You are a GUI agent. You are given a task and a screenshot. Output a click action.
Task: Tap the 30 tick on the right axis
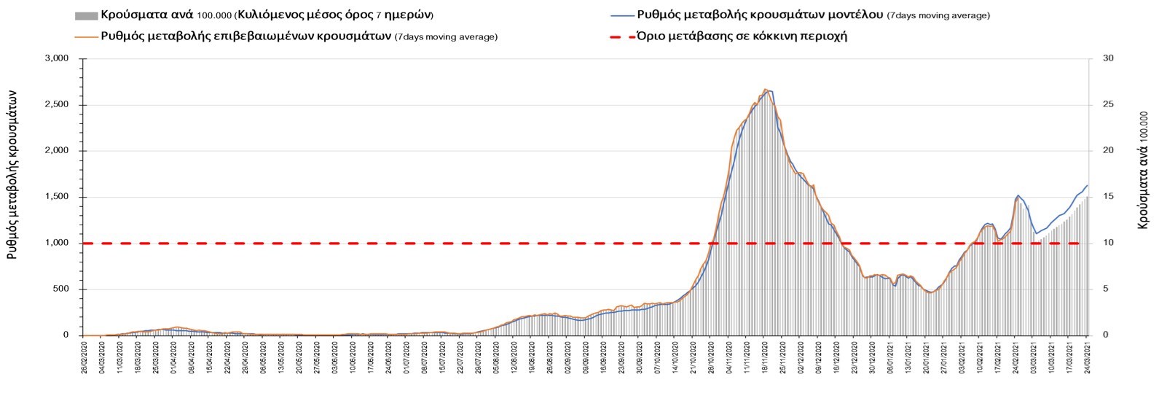(x=1108, y=58)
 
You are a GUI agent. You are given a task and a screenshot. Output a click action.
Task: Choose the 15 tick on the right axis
(x=1108, y=197)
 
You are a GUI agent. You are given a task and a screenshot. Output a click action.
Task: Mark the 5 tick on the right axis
(x=1106, y=289)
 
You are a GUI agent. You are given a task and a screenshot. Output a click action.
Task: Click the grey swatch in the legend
(x=86, y=16)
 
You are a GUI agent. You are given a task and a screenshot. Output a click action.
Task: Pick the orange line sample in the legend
(x=86, y=36)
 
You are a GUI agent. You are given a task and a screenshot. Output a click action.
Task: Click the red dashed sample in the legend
(x=621, y=36)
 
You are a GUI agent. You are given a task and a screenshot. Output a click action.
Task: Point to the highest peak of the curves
(x=766, y=90)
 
